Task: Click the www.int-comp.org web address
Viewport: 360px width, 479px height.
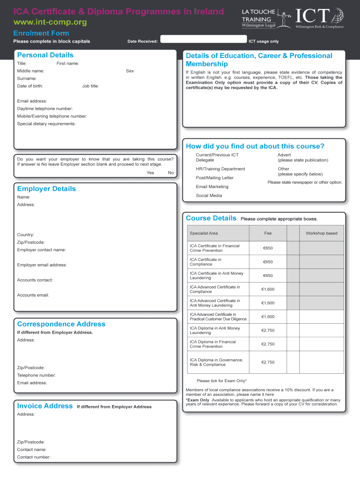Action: coord(50,22)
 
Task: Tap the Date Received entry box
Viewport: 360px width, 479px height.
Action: coord(202,41)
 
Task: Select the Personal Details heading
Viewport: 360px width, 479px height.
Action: coord(45,55)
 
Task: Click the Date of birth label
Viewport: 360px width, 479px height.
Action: coord(30,86)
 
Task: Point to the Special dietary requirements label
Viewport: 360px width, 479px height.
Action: coord(46,124)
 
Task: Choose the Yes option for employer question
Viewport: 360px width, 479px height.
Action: coord(150,173)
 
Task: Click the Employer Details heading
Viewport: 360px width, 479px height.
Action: coord(46,189)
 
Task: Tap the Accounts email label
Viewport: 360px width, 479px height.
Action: coord(33,295)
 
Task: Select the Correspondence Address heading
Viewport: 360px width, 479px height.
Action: coord(61,324)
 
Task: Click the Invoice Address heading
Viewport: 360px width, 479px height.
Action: coord(45,406)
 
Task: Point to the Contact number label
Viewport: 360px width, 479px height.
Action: coord(34,457)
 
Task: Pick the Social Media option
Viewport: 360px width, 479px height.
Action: coord(209,196)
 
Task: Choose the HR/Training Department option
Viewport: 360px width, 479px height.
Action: coord(220,169)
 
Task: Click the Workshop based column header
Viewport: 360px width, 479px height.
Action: coord(321,233)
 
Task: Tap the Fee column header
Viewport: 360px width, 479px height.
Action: coord(268,233)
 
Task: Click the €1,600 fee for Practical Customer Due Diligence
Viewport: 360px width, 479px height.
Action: coord(268,317)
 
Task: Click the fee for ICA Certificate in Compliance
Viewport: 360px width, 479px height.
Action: coord(268,262)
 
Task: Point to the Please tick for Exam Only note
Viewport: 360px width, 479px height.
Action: coord(222,381)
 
